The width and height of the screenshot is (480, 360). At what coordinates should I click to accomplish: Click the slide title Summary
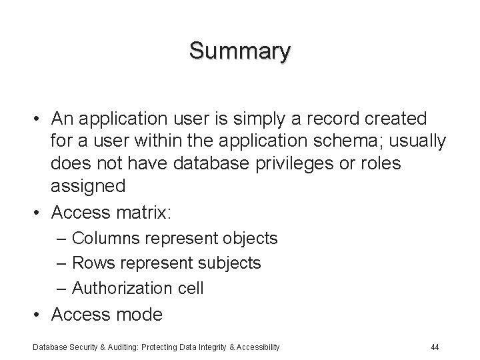[240, 51]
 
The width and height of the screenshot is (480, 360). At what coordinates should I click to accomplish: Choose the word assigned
[87, 187]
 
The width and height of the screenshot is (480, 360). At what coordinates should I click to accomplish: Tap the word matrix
[142, 213]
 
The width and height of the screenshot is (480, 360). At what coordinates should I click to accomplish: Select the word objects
[248, 238]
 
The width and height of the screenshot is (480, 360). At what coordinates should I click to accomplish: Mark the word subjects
[230, 263]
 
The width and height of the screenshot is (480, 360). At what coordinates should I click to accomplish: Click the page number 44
[435, 347]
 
